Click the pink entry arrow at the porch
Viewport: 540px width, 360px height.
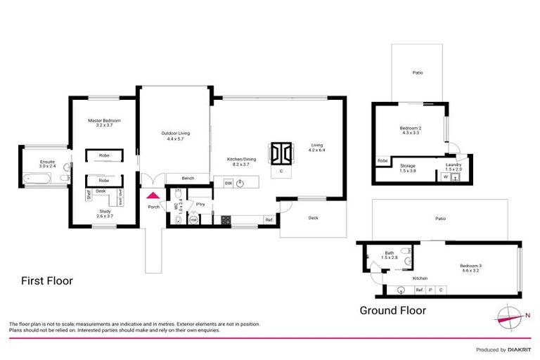(x=153, y=195)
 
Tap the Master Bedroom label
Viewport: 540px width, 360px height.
(x=104, y=122)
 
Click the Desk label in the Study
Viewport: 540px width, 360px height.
(x=101, y=191)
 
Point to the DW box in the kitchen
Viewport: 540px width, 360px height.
(x=229, y=183)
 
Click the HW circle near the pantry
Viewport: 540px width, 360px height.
(x=193, y=219)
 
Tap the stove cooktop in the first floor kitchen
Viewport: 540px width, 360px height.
(x=226, y=220)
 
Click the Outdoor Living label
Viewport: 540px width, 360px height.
(x=174, y=136)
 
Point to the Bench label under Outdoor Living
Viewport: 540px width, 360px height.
(x=188, y=178)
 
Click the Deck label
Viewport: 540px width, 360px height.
(x=313, y=218)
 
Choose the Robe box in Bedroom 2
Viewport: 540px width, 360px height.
(x=382, y=161)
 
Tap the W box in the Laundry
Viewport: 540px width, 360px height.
(x=444, y=177)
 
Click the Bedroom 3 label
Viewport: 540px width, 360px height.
(x=471, y=267)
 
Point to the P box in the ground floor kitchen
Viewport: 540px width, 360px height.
(x=430, y=289)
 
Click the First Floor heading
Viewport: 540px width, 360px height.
(x=46, y=281)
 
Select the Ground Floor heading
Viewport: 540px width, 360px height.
(x=392, y=310)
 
